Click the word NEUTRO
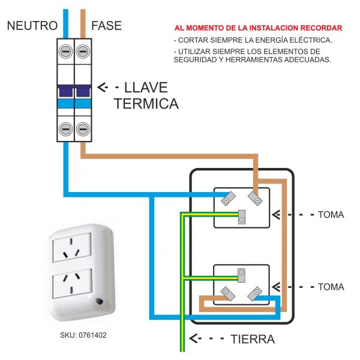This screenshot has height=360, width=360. pos(32,25)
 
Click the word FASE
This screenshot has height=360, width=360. pos(106,25)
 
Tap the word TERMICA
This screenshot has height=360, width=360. pos(146,104)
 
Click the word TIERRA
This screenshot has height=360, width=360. pos(253,339)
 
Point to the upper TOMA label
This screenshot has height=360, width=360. pos(331,214)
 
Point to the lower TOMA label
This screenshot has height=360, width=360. pos(331,287)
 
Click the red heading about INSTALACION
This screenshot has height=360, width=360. pos(258,28)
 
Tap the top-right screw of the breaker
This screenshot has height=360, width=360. pos(83,50)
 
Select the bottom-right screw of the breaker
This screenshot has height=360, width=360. pos(83,128)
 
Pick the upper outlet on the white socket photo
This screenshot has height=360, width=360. pos(72,248)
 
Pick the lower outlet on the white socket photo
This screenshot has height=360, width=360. pos(72,281)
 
